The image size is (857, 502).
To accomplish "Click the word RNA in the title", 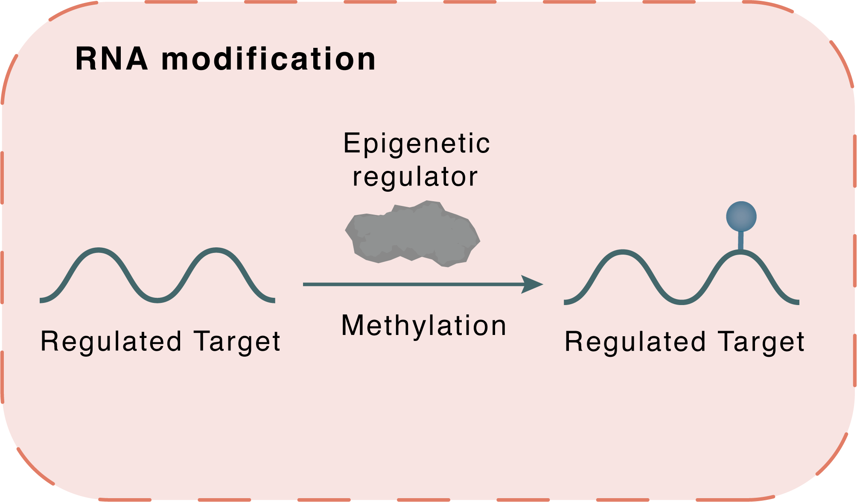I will click(112, 59).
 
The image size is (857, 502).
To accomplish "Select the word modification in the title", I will click(268, 59).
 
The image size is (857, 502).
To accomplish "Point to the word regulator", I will click(415, 177).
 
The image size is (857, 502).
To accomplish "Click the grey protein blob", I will click(412, 234).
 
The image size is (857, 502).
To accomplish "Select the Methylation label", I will click(424, 326).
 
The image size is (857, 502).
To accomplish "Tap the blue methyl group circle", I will click(741, 217).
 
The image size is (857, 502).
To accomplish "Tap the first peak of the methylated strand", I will click(623, 252).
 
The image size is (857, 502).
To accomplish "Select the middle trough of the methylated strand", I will click(682, 302).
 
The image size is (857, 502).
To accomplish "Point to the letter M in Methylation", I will click(354, 326).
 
